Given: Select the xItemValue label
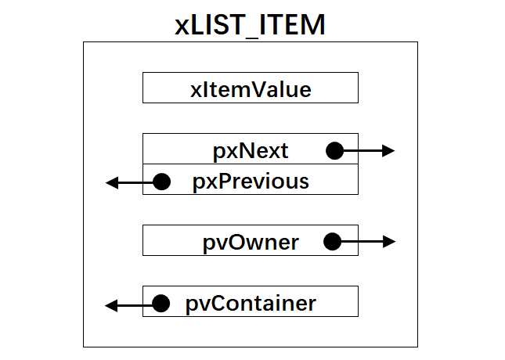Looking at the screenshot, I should tap(251, 89).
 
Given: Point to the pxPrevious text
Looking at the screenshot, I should tap(251, 182).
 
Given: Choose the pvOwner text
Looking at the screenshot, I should tap(251, 242).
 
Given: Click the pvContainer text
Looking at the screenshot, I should tap(251, 303).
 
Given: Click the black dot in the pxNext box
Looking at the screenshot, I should tap(334, 150).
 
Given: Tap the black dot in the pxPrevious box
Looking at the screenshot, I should tap(161, 182).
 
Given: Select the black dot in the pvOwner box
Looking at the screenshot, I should tap(332, 242).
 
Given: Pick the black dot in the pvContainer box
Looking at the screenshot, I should tap(161, 304).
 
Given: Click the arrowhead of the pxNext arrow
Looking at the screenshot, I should tap(389, 150).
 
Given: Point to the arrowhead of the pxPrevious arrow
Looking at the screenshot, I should tap(112, 182).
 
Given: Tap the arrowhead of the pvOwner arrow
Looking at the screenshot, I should tap(389, 242).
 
